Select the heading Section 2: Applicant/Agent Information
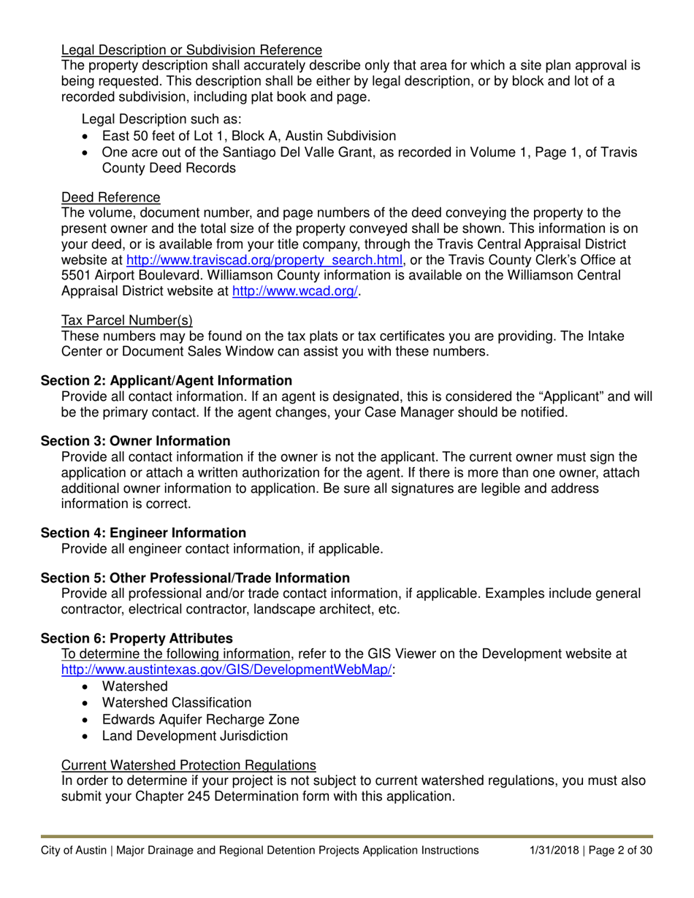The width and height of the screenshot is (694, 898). click(167, 380)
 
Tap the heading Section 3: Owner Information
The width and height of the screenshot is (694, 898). click(135, 441)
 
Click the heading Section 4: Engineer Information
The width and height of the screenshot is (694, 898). click(143, 533)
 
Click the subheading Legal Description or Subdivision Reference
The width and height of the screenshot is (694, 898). click(191, 50)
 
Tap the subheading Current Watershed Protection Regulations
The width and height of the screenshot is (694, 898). click(188, 764)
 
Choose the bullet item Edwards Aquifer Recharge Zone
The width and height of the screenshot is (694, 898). click(200, 718)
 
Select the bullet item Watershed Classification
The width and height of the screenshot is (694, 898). click(177, 702)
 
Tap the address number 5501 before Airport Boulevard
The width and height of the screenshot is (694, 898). click(77, 276)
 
